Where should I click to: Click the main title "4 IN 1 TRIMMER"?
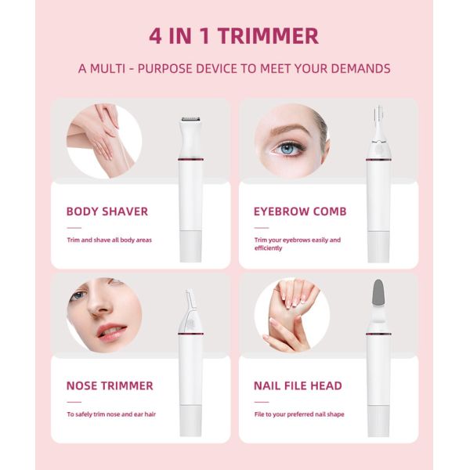(x=234, y=36)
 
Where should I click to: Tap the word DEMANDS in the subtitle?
(x=356, y=68)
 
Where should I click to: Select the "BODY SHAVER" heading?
(x=107, y=211)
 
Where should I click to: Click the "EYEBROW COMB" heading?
(x=299, y=211)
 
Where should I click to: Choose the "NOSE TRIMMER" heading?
(x=109, y=385)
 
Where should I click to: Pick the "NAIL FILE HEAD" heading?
(x=297, y=385)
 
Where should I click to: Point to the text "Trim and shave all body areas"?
(x=109, y=240)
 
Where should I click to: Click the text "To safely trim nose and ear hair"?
(x=110, y=414)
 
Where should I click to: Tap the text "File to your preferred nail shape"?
(x=298, y=414)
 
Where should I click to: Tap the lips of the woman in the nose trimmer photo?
(x=110, y=332)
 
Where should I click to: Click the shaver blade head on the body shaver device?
(x=190, y=121)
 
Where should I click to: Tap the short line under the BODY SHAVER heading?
(x=74, y=226)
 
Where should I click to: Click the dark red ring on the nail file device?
(x=378, y=334)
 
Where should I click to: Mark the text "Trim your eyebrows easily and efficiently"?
(x=297, y=244)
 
